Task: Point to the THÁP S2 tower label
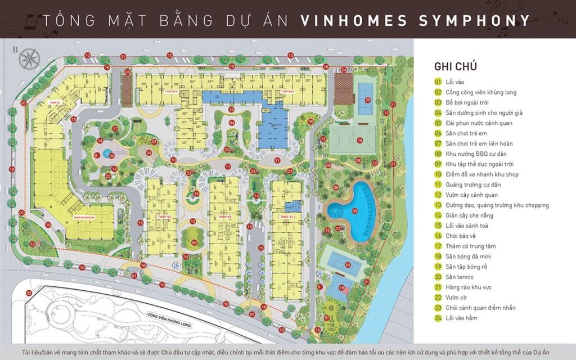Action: (225, 216)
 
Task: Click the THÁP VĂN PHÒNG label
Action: (82, 216)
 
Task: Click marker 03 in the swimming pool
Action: (354, 210)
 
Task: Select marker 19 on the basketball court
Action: (342, 288)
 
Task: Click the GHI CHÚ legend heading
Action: (456, 66)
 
